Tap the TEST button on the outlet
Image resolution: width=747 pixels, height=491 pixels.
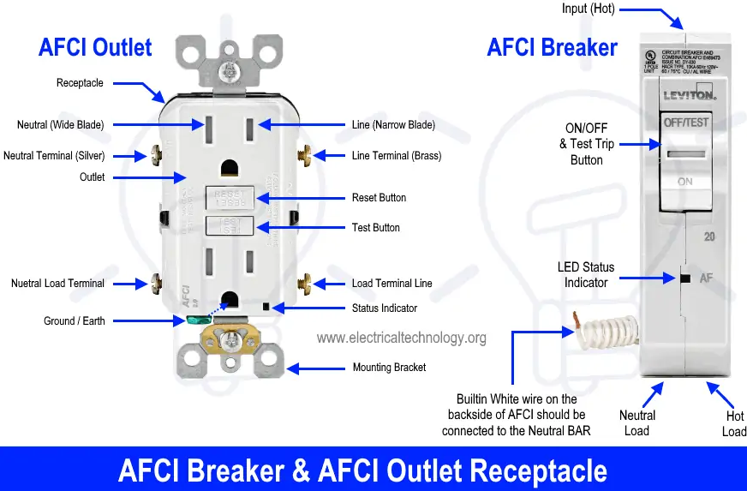[x=229, y=226]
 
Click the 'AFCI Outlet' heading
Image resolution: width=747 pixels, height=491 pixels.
[x=95, y=48]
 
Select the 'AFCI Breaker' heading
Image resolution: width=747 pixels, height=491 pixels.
[x=552, y=47]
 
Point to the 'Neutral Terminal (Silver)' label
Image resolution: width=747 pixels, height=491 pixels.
[x=53, y=156]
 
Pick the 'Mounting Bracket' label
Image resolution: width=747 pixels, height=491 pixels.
[x=389, y=368]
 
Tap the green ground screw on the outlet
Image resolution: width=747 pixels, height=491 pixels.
[x=195, y=320]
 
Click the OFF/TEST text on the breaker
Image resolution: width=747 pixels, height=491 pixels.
[x=686, y=123]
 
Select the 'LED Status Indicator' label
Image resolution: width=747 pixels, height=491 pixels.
[x=586, y=275]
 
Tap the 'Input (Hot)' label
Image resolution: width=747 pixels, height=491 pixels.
[x=588, y=9]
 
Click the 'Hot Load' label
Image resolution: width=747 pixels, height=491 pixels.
[x=734, y=423]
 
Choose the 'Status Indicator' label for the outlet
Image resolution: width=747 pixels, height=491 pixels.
[x=385, y=308]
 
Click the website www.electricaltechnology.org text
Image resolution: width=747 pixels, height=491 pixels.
[x=401, y=338]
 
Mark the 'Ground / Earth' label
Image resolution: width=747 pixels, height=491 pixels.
[x=75, y=321]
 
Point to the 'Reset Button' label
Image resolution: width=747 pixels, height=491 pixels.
[x=379, y=198]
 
